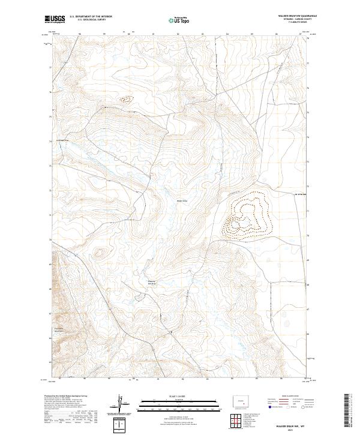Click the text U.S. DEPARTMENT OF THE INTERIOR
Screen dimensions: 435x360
(92, 17)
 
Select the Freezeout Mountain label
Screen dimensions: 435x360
(58, 329)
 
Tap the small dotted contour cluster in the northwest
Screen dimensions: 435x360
(127, 100)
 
